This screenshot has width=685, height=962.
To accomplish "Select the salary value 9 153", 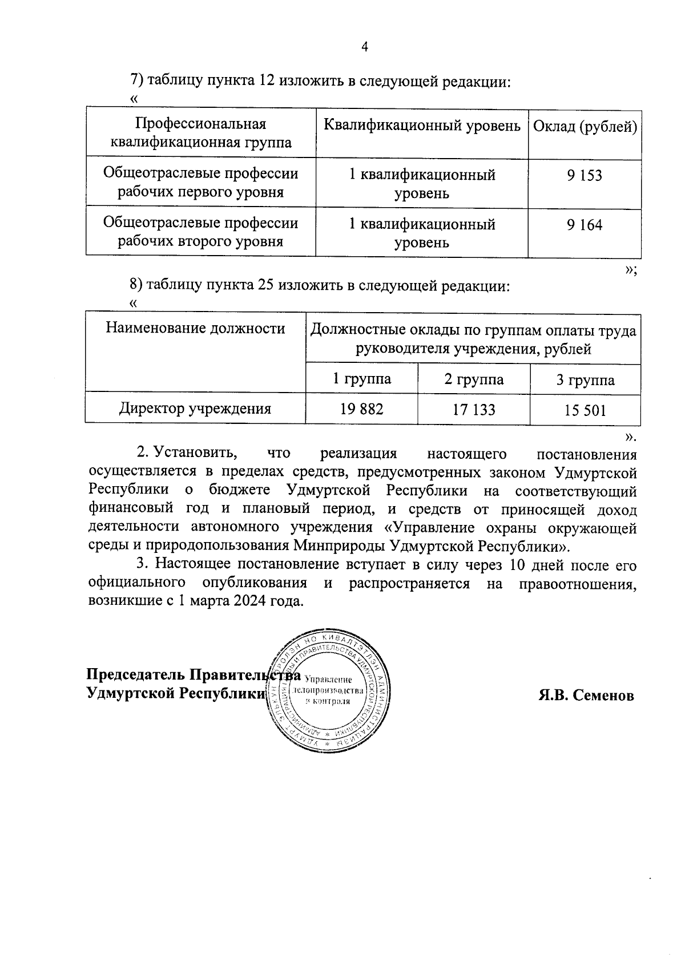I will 585,176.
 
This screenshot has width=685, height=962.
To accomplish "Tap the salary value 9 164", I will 585,225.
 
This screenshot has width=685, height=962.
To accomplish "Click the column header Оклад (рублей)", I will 585,126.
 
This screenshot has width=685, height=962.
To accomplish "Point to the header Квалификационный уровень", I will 422,126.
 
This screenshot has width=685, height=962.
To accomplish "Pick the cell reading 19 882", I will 362,409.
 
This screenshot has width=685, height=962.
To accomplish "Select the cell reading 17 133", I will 474,410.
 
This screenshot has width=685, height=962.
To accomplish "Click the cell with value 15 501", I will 585,410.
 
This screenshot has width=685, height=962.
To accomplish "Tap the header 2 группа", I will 474,379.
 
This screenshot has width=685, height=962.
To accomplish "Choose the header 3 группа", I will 585,380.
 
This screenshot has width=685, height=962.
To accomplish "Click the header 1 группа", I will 362,379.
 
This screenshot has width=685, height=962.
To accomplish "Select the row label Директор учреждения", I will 195,409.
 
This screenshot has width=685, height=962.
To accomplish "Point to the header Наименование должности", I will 195,328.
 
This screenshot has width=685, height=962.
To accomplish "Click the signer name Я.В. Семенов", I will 586,696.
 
